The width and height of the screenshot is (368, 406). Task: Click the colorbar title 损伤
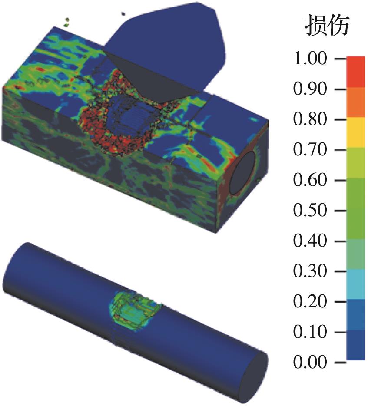point(327,25)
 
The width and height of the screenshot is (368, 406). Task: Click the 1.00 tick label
point(310,58)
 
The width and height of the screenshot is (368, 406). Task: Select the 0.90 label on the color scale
point(310,89)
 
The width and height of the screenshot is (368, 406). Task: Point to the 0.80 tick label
point(310,119)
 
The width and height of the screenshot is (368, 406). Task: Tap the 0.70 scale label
point(310,149)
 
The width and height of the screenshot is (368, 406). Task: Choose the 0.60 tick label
point(310,180)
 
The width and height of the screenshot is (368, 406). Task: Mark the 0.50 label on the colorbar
point(310,210)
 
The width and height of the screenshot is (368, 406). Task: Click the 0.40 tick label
point(310,241)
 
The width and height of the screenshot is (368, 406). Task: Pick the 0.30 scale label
point(310,271)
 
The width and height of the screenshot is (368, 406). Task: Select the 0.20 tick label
point(310,301)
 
